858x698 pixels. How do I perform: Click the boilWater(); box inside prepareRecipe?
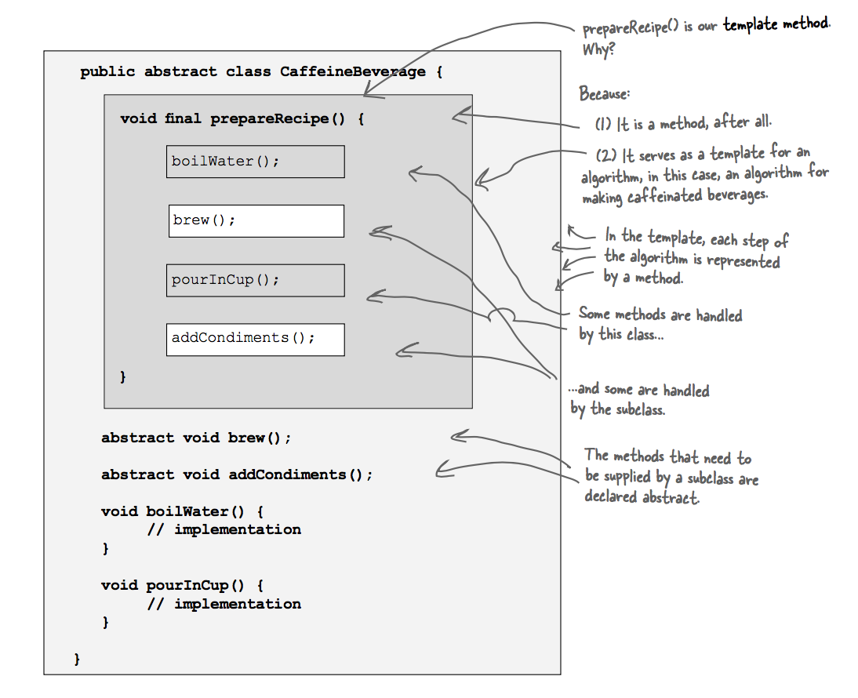coord(255,162)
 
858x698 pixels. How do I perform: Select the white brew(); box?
coord(256,221)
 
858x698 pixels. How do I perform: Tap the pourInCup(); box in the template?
coord(255,280)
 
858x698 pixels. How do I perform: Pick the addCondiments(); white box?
coord(255,339)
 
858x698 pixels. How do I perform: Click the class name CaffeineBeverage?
coord(353,72)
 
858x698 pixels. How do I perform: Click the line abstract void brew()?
coord(196,438)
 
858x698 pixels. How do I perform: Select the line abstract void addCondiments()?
coord(237,474)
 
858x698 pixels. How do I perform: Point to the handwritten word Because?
coord(604,94)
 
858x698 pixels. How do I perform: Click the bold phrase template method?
coord(775,24)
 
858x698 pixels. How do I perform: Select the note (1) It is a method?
coord(682,123)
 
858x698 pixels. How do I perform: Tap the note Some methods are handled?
coord(660,314)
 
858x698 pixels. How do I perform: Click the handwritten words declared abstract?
coord(641,496)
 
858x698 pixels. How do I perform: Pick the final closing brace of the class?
coord(77,659)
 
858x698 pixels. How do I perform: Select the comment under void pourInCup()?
coord(224,604)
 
